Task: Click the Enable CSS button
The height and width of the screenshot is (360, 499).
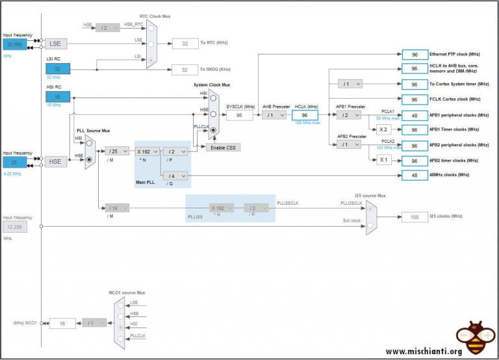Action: (223, 148)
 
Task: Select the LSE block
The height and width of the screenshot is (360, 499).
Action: (56, 44)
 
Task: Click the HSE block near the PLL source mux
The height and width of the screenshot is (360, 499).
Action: (56, 162)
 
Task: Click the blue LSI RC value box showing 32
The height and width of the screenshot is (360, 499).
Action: (57, 69)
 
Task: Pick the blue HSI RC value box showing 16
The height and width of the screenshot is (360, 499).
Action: (57, 96)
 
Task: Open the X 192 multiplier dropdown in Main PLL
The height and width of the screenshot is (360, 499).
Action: (147, 151)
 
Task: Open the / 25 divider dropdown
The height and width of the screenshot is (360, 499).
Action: (117, 151)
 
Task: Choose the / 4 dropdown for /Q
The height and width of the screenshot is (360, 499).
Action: (175, 175)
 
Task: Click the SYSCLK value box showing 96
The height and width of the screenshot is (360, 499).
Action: (239, 115)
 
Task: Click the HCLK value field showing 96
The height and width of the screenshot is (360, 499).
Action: (304, 115)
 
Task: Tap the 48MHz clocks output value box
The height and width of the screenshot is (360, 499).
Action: (414, 175)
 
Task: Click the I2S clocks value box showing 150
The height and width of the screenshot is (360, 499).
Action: (414, 216)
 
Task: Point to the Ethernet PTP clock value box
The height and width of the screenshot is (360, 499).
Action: (414, 55)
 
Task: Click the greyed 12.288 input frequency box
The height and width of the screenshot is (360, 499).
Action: (15, 226)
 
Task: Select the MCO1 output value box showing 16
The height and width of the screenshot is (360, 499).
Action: (62, 323)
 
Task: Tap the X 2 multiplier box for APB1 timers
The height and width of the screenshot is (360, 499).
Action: (384, 130)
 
